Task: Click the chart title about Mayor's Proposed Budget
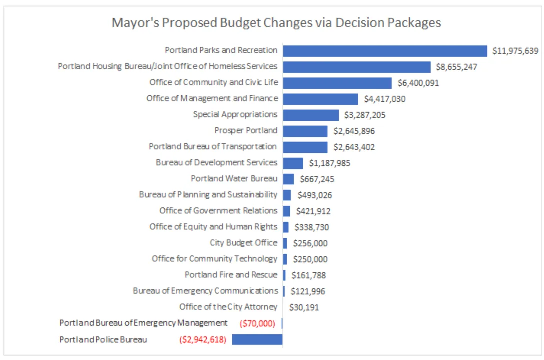(x=276, y=23)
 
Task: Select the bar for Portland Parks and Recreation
(x=385, y=51)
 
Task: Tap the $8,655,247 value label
(x=456, y=67)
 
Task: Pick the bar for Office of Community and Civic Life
(x=337, y=83)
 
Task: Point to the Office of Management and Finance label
(x=212, y=98)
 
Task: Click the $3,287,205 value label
(x=365, y=115)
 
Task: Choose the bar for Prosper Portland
(x=305, y=131)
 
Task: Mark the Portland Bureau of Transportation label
(x=213, y=147)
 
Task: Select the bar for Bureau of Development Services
(x=293, y=163)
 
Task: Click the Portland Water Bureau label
(x=234, y=179)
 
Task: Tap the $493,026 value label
(x=315, y=195)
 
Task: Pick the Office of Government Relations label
(x=218, y=210)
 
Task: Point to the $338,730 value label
(x=312, y=227)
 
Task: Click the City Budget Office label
(x=244, y=243)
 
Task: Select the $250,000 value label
(x=310, y=259)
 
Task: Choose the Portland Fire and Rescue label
(x=231, y=275)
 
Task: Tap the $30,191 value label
(x=304, y=307)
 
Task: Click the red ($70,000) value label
(x=257, y=323)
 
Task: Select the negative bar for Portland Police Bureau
(x=257, y=339)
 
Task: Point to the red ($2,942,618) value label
(x=203, y=340)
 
